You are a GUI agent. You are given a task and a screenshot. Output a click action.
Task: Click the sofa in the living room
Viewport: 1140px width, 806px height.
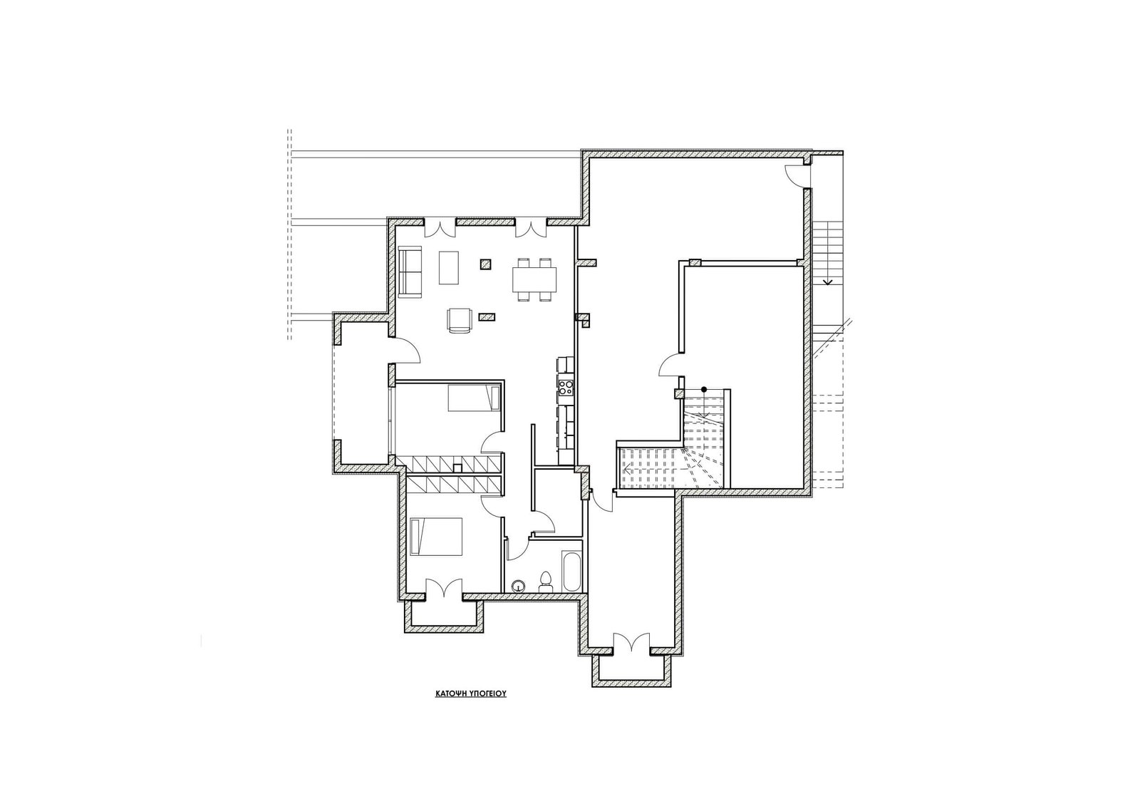click(410, 271)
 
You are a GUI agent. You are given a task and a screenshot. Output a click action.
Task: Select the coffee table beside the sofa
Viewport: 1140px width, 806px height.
click(448, 267)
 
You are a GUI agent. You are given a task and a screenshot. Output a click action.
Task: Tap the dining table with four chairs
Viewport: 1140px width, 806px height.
click(534, 279)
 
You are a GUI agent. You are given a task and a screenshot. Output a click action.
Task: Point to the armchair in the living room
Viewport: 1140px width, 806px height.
click(459, 321)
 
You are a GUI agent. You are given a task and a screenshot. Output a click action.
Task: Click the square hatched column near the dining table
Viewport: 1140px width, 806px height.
click(485, 264)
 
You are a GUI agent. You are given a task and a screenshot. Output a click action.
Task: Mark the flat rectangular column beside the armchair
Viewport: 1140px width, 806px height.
click(487, 316)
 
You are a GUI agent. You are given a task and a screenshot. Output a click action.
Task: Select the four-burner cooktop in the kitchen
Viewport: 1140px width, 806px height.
click(566, 388)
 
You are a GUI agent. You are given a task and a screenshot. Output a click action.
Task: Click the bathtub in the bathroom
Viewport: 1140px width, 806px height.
click(571, 571)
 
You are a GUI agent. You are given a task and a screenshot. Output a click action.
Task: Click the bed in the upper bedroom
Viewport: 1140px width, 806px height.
click(473, 398)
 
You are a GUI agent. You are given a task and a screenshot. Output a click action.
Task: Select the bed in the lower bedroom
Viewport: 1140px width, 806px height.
click(436, 537)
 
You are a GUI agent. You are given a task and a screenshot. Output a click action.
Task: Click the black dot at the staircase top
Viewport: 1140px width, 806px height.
click(704, 390)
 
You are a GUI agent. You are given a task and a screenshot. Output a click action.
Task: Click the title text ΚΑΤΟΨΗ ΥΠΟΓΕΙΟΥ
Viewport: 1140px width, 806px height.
click(470, 693)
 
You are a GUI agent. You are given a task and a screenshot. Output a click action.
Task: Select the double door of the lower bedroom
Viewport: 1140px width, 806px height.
click(444, 587)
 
